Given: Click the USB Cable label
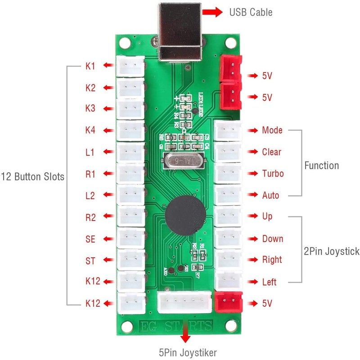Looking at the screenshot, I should click(x=251, y=12).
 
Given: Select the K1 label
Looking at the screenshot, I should click(x=90, y=66).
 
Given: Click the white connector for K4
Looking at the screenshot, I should click(x=130, y=130).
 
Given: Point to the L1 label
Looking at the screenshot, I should click(x=90, y=152).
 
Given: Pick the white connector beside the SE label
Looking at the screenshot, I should click(x=130, y=238).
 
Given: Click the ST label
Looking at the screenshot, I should click(x=90, y=260).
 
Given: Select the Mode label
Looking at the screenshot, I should click(x=272, y=130).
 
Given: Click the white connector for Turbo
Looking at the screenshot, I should click(x=229, y=173).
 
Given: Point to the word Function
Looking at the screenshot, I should click(x=321, y=166).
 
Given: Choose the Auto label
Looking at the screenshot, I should click(x=270, y=195).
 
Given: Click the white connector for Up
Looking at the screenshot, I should click(x=229, y=216).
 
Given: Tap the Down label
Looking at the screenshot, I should click(x=273, y=238).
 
